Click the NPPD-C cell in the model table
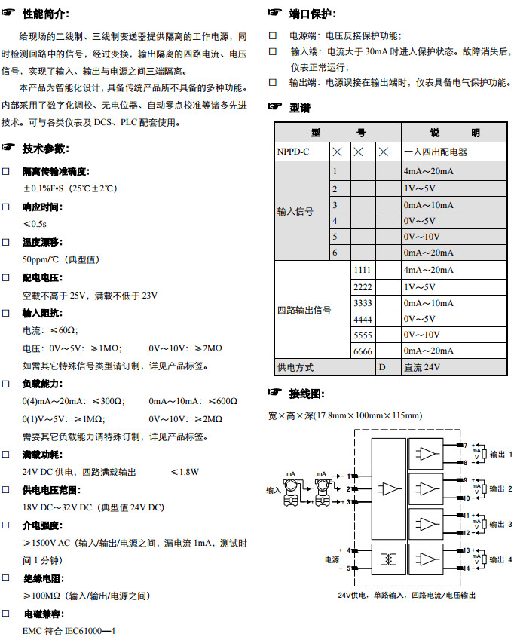coord(294,152)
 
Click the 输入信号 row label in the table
coord(295,212)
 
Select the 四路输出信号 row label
coord(304,310)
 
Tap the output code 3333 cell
coord(363,302)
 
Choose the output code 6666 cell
coord(363,351)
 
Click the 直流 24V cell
coord(422,368)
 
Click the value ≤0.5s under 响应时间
coord(35,224)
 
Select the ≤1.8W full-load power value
coord(184,472)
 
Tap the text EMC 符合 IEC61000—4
coord(69,629)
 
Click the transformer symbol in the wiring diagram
coord(389,559)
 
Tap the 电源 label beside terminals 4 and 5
coord(332,560)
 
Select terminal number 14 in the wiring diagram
coord(467,568)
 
